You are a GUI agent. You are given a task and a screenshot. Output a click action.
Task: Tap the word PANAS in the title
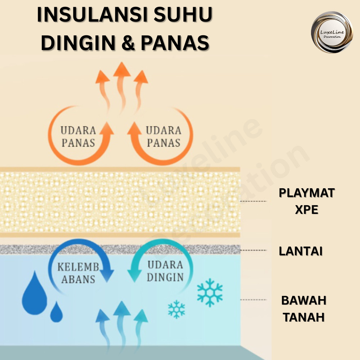(175, 42)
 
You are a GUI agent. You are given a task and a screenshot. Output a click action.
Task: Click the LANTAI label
(301, 251)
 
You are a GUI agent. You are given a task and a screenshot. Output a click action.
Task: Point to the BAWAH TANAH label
(303, 309)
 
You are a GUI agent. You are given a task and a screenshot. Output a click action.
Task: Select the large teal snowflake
(210, 292)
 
